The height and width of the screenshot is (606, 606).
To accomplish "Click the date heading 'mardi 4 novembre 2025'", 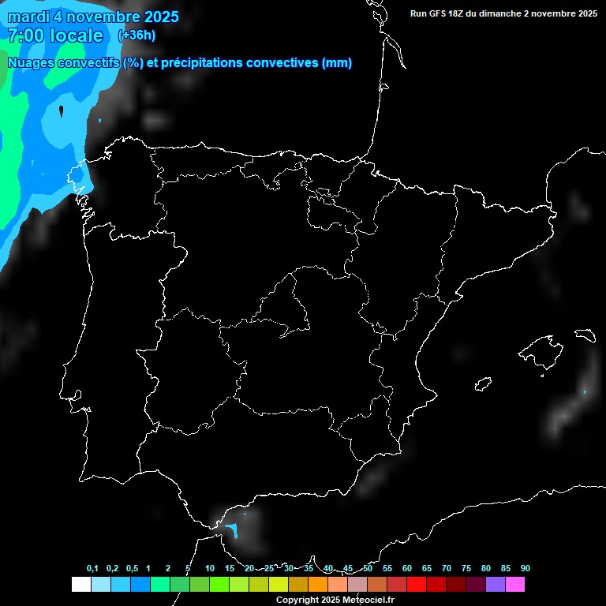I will [x=93, y=17].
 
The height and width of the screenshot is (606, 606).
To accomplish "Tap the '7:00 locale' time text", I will [x=55, y=36].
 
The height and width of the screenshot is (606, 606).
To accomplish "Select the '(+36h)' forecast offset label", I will [x=137, y=35].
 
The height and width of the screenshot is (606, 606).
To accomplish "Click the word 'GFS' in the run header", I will [x=440, y=13].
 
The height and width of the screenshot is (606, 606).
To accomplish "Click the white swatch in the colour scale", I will [x=80, y=584].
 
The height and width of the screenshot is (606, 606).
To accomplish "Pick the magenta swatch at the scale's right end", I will [x=514, y=584].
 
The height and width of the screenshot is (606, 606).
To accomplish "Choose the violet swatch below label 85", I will [x=495, y=584].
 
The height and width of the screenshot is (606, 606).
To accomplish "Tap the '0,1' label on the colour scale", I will [x=92, y=568].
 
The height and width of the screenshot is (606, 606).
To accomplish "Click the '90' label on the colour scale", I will [x=525, y=568].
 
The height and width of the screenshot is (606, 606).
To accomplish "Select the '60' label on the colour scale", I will [x=407, y=568].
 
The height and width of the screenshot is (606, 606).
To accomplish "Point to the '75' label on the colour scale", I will [x=466, y=568].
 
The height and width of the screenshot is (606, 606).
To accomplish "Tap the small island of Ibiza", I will [x=483, y=383].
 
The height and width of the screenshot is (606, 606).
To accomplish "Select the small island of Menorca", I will [x=585, y=335].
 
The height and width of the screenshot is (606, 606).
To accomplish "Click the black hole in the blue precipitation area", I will [x=62, y=110].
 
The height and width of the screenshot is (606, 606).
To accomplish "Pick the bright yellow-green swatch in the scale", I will [x=278, y=584].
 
